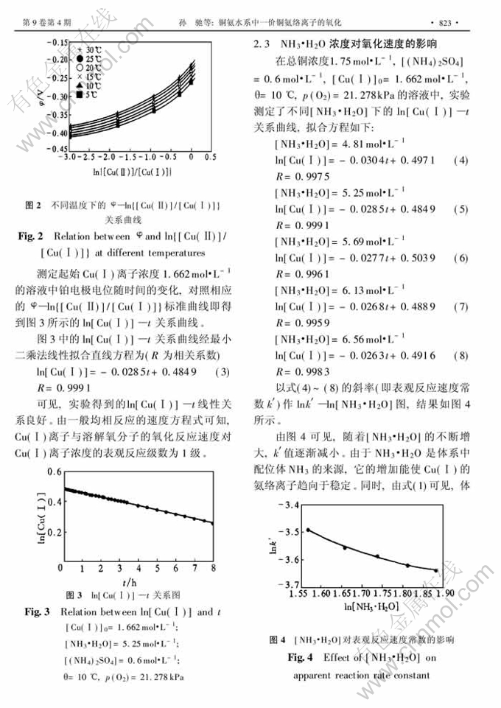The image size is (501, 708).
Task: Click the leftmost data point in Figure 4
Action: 309,530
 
